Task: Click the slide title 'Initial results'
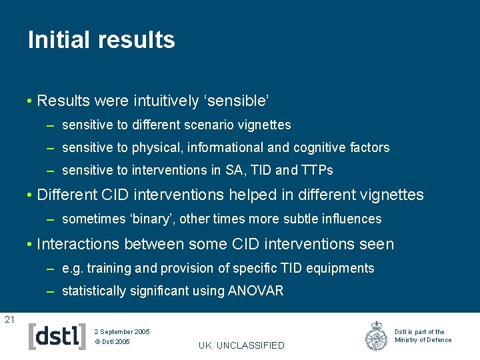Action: pyautogui.click(x=101, y=40)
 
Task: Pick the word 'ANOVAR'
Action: pyautogui.click(x=256, y=291)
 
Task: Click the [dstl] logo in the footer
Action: pyautogui.click(x=57, y=337)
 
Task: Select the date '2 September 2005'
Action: pyautogui.click(x=122, y=331)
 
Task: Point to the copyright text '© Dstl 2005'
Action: pyautogui.click(x=112, y=342)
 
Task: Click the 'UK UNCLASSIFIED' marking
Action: pyautogui.click(x=241, y=345)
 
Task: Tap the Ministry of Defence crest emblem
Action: pyautogui.click(x=376, y=336)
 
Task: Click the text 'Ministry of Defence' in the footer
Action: pyautogui.click(x=423, y=340)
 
